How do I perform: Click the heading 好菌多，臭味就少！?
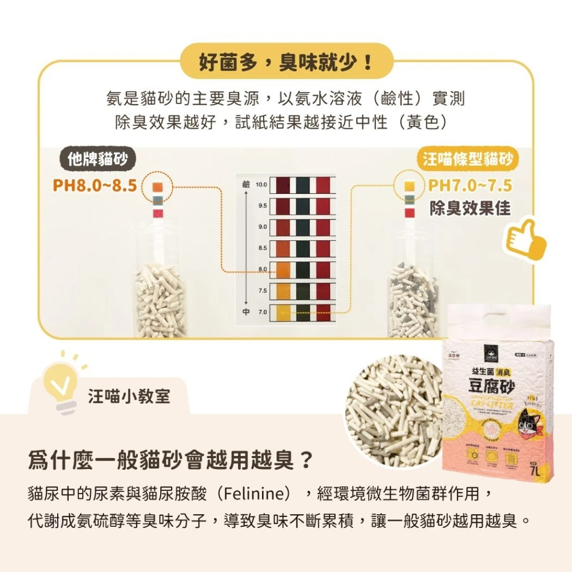[286, 61]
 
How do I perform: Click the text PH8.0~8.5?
[94, 186]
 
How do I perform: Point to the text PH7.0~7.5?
[470, 186]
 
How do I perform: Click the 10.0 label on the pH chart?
[261, 185]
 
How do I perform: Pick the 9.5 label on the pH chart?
[263, 206]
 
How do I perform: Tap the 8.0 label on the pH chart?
[263, 269]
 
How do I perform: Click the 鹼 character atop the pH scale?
[246, 185]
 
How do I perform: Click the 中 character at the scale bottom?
[246, 312]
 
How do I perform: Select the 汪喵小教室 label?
[129, 396]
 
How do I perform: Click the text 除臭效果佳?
[470, 209]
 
